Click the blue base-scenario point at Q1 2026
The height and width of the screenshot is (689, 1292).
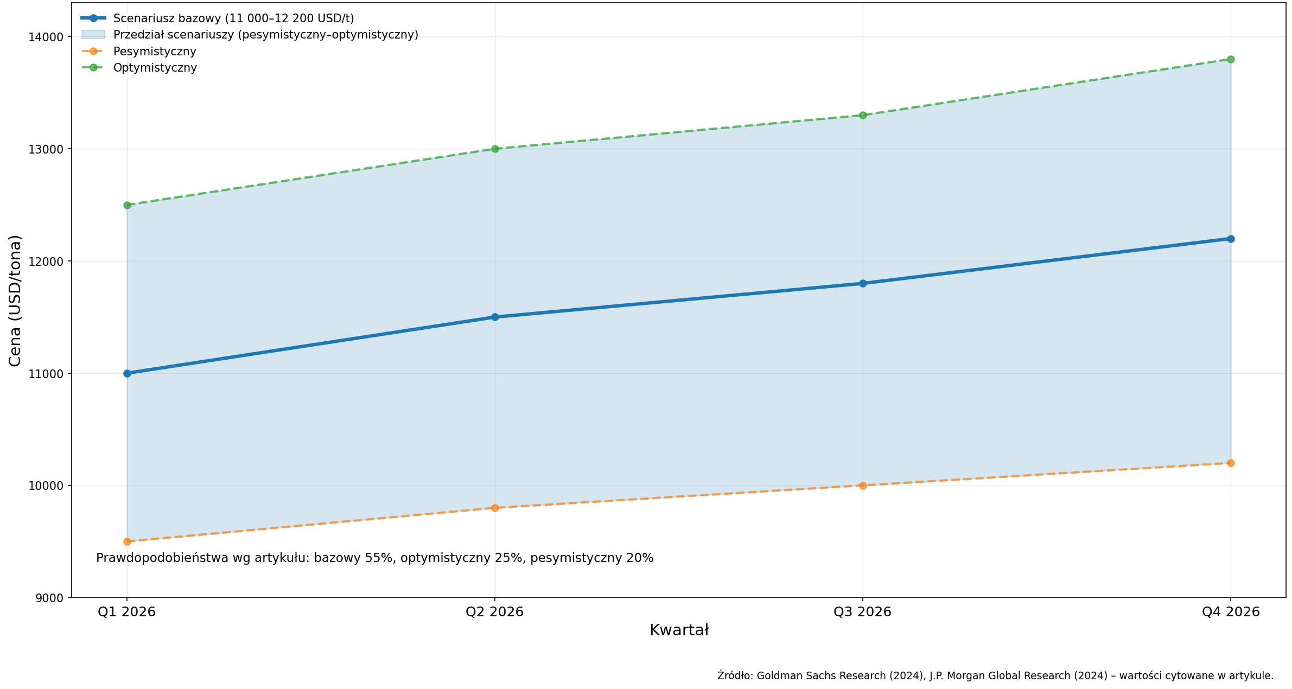point(127,373)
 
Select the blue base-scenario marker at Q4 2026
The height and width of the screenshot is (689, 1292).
point(1231,239)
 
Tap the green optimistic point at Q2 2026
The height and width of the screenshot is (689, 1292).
point(495,149)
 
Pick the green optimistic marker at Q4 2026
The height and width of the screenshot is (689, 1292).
point(1231,59)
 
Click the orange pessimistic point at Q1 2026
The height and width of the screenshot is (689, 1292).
point(127,541)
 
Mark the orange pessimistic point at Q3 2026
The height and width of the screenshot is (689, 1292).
point(863,486)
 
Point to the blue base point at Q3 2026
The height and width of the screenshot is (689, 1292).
point(863,283)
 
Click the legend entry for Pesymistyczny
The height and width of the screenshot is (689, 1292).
point(155,52)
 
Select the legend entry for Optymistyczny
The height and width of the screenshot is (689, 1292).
point(155,68)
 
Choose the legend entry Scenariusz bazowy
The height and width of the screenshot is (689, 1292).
point(233,18)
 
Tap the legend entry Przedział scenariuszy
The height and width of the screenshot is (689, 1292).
point(265,35)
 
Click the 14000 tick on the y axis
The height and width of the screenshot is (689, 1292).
point(46,37)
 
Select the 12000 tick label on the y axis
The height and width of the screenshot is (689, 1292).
point(46,261)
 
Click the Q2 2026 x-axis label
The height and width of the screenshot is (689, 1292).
point(494,612)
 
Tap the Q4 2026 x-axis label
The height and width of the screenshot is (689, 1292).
point(1231,612)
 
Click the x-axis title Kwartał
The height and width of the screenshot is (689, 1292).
point(679,630)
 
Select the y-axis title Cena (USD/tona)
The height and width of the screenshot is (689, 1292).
point(15,301)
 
